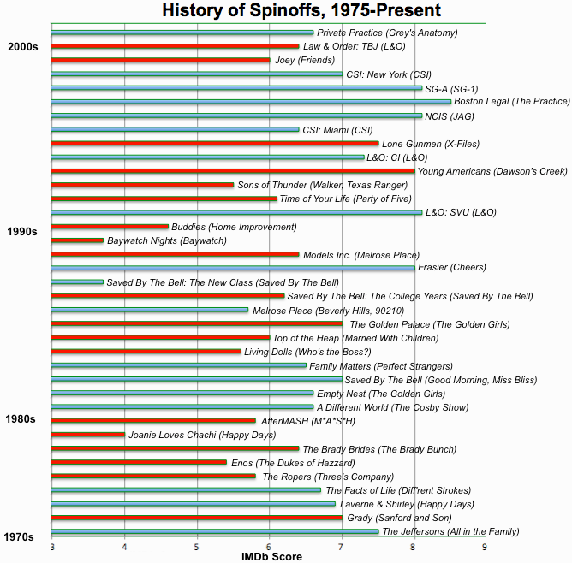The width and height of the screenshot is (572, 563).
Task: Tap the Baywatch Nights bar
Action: click(x=77, y=240)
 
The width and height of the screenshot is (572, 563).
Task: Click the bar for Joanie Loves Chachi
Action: click(x=87, y=435)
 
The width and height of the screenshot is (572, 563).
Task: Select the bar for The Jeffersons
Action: click(x=214, y=531)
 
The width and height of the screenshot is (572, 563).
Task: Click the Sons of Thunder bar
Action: click(x=142, y=185)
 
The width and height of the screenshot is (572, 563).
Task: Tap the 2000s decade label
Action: click(x=22, y=46)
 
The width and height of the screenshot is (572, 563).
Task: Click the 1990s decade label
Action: click(x=22, y=232)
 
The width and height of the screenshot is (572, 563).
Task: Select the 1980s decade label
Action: click(x=22, y=419)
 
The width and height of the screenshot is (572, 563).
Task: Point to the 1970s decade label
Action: click(x=20, y=536)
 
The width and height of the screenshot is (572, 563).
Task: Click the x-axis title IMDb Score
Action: click(x=271, y=557)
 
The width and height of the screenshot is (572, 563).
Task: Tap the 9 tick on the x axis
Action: click(x=486, y=546)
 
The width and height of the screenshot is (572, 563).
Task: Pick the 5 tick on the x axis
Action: click(x=197, y=546)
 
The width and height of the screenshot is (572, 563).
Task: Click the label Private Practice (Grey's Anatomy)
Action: click(x=387, y=33)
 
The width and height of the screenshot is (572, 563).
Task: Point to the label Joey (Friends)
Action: click(x=305, y=61)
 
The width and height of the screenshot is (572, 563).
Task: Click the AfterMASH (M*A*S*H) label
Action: click(x=307, y=421)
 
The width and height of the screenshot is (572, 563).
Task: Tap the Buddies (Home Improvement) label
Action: click(x=234, y=227)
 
